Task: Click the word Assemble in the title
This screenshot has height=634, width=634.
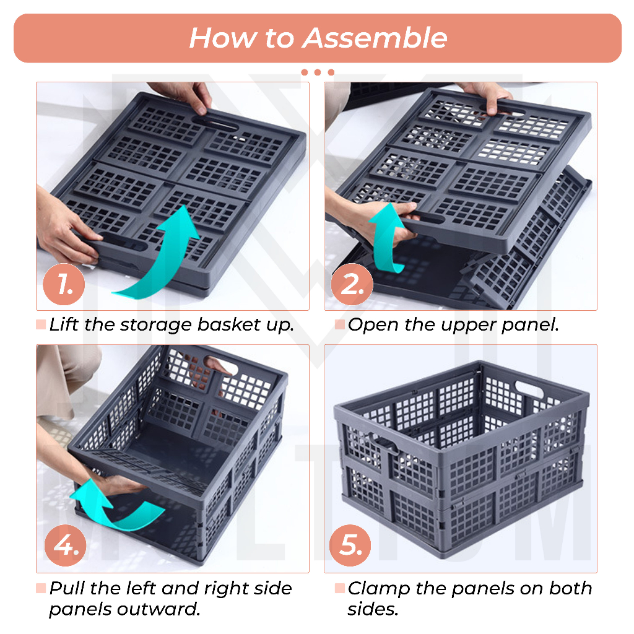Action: [x=375, y=38]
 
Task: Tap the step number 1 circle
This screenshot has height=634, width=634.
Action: [x=64, y=284]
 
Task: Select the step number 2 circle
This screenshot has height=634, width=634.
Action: [x=352, y=284]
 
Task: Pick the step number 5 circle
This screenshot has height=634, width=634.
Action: [x=350, y=545]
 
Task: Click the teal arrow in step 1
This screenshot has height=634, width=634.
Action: [x=170, y=259]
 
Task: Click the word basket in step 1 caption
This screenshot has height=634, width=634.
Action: [x=229, y=324]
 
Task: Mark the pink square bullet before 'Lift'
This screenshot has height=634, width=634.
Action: [x=41, y=324]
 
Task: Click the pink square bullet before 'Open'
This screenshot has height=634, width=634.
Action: [x=340, y=324]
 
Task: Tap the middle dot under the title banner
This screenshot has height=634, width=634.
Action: [x=318, y=72]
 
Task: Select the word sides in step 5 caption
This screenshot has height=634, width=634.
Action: [x=373, y=609]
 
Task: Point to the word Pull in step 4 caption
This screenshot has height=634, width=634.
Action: [x=67, y=588]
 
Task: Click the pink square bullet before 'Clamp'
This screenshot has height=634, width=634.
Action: [x=340, y=588]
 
